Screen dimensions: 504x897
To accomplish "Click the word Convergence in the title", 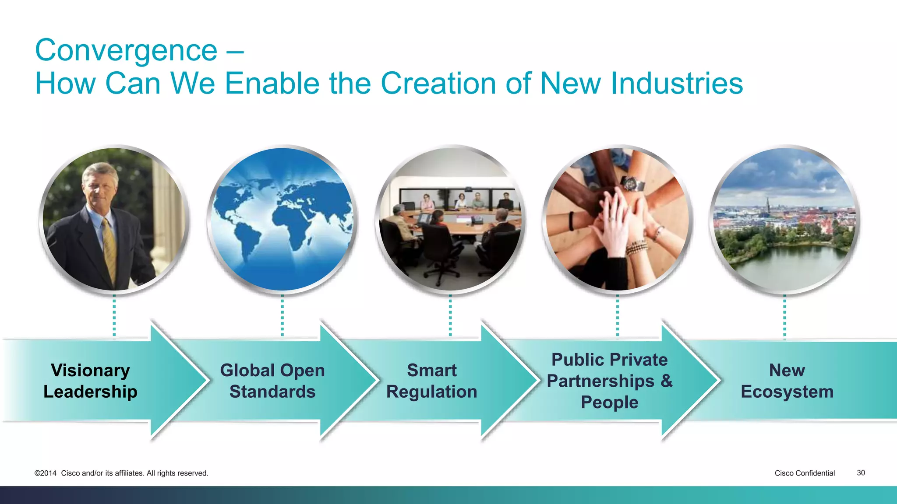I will [x=126, y=51].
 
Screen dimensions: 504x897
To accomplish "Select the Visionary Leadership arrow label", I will [x=90, y=381].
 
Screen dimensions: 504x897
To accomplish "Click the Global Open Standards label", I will [x=272, y=381].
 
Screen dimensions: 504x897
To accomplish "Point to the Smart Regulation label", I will [x=431, y=381].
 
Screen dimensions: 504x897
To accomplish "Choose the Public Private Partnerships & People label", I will [x=609, y=381].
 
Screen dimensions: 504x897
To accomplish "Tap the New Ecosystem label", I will [x=787, y=381].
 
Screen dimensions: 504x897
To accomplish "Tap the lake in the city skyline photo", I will [x=788, y=267].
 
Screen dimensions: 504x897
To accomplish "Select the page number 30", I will [x=861, y=473].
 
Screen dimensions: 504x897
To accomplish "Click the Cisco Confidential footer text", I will [x=805, y=473].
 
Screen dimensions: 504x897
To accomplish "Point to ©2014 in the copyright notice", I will [x=46, y=473].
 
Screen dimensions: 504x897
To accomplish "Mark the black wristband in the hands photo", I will [x=571, y=221].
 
